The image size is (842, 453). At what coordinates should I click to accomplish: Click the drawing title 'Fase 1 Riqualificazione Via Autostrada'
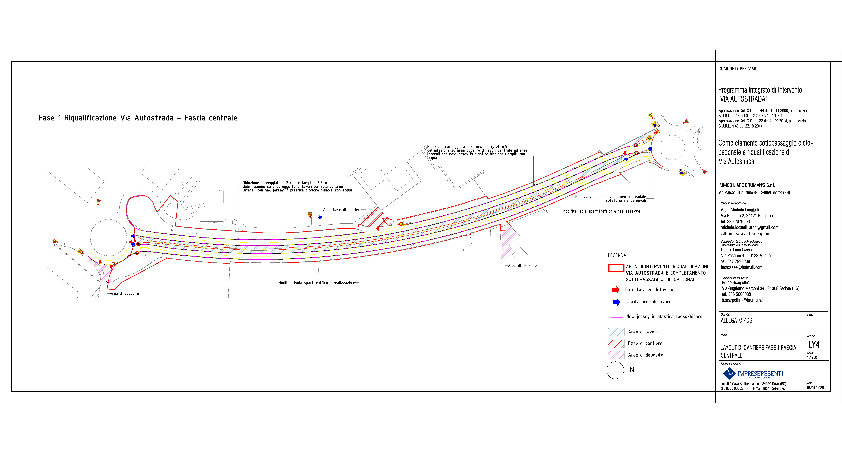138,118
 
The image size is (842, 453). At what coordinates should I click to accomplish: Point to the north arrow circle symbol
615,370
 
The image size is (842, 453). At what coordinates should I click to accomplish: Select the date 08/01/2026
815,388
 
